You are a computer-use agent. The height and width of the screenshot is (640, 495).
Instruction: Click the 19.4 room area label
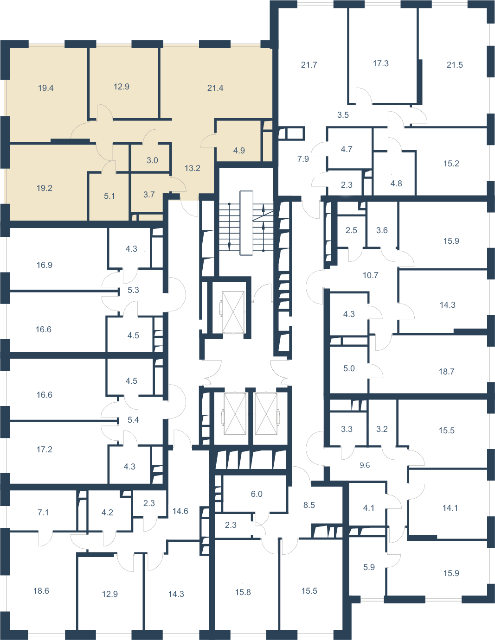tap(46, 88)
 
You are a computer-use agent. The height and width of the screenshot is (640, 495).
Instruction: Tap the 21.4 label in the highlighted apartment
tap(215, 88)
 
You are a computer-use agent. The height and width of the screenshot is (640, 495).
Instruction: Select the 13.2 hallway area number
tap(192, 168)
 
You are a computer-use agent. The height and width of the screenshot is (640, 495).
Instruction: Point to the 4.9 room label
tap(239, 151)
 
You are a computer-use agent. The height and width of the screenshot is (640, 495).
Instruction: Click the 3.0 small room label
tap(152, 160)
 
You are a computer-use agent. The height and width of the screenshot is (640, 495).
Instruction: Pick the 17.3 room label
tap(380, 63)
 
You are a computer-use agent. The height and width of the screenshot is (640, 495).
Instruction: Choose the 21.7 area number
tap(309, 64)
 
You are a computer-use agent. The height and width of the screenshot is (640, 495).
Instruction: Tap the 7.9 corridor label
tap(303, 159)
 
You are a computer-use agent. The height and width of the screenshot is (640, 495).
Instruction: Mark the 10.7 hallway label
tap(370, 275)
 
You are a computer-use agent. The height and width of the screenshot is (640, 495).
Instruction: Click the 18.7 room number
tap(446, 371)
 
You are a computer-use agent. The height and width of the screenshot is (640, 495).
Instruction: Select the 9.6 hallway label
tap(365, 465)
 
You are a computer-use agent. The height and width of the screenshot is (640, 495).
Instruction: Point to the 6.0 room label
tap(257, 494)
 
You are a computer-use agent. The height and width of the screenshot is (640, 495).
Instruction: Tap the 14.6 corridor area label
tap(180, 511)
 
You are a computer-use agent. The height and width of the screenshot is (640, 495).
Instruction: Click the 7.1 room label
tap(43, 513)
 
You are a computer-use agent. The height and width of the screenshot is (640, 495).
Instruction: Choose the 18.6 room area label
tap(41, 590)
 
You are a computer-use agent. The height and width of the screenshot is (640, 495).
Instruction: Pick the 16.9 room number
tap(45, 265)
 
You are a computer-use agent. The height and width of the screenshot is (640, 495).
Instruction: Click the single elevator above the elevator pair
tap(233, 312)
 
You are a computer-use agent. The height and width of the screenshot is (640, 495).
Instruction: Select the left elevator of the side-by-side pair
tap(235, 414)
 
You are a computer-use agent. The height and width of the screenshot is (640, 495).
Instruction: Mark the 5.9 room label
tap(369, 567)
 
